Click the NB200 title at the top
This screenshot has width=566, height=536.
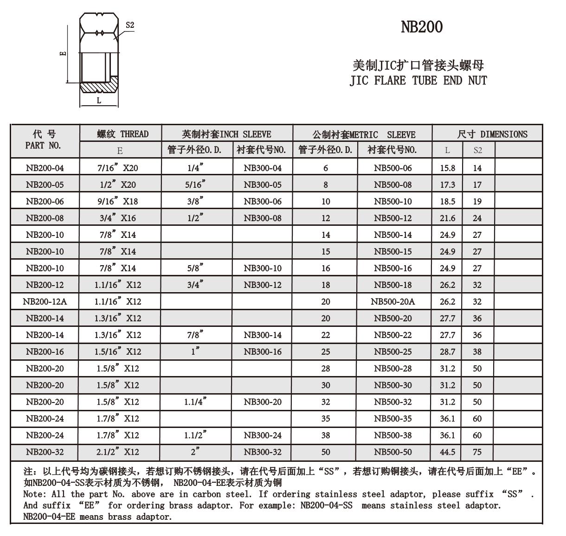[421, 27]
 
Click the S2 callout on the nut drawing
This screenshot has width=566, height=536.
[130, 25]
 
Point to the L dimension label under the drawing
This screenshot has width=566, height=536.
[99, 101]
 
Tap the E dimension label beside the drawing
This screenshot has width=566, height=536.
[64, 53]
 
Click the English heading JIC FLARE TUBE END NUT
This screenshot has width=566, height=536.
[418, 81]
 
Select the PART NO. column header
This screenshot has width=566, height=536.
[43, 145]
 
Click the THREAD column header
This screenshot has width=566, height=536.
[122, 134]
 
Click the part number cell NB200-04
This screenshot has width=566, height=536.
[45, 168]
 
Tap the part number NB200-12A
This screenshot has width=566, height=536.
[45, 301]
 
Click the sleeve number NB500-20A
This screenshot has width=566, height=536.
[392, 301]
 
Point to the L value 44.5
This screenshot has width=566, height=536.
[447, 452]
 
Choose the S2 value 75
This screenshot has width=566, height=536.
[477, 452]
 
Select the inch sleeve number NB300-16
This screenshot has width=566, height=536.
[263, 351]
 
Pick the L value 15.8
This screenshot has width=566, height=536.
[447, 168]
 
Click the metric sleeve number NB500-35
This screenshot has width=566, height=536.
[392, 418]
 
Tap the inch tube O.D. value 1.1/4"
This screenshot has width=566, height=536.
[195, 402]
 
